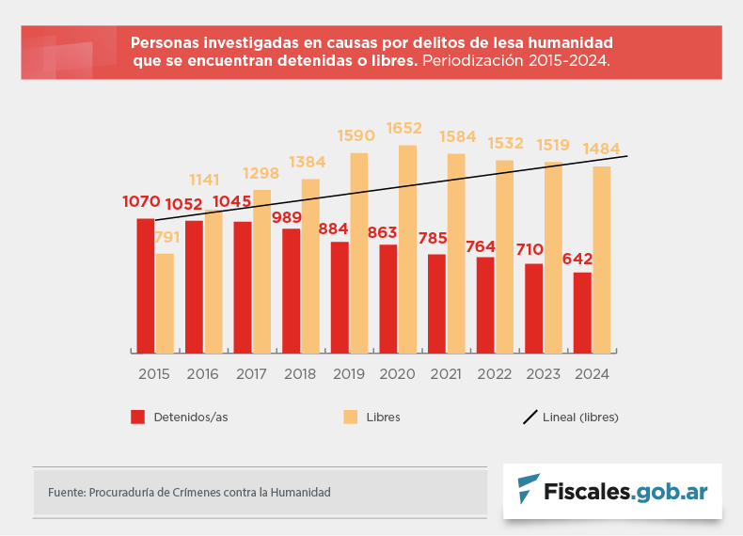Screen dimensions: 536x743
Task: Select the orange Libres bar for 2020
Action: (x=407, y=248)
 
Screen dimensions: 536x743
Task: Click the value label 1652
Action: (x=403, y=128)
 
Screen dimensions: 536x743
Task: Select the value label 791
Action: (x=166, y=239)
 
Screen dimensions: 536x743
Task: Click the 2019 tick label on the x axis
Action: (x=348, y=374)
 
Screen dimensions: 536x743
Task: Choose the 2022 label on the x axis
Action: (x=494, y=374)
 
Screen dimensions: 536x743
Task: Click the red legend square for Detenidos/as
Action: (x=137, y=417)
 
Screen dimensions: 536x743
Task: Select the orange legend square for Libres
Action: (x=350, y=417)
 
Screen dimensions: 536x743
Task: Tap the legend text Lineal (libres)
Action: (x=580, y=417)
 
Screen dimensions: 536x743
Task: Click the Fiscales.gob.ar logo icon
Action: (x=529, y=490)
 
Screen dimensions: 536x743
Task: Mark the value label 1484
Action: (x=602, y=150)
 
